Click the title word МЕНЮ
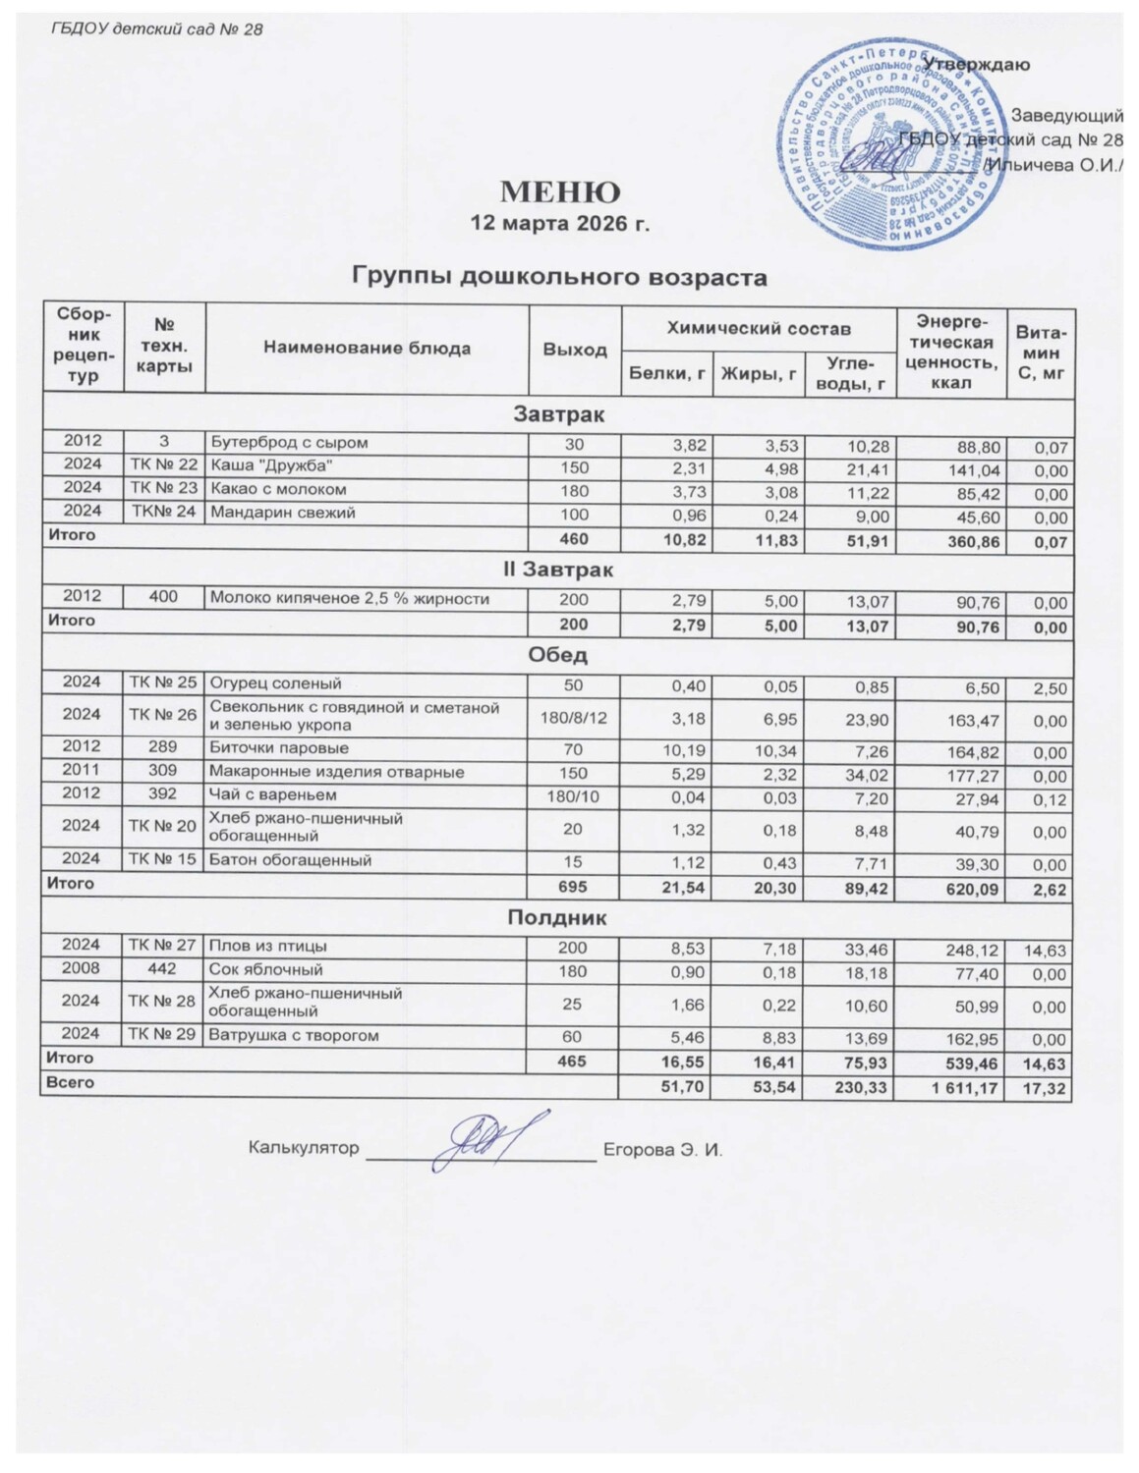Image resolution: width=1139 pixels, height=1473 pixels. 561,191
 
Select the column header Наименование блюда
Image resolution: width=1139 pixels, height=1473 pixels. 367,348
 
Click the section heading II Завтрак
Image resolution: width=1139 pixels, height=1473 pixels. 559,570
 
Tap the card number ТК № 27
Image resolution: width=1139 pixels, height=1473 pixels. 163,946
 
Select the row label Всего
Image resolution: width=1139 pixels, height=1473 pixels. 67,1082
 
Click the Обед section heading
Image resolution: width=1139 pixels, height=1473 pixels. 557,655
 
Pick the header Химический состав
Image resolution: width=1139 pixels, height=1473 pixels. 759,329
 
